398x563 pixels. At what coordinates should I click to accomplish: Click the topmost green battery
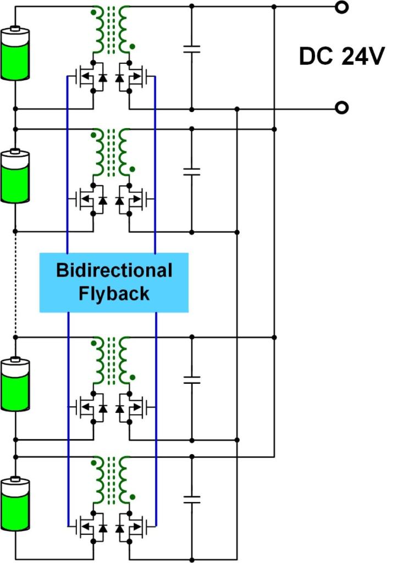pos(15,53)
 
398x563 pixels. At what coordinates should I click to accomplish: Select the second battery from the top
pos(15,176)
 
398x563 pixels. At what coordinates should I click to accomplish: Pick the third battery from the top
pos(15,384)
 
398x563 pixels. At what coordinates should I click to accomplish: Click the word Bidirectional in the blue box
pos(114,270)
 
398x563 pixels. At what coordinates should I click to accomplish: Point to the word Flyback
pos(114,294)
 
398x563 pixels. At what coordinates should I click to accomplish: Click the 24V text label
pos(363,57)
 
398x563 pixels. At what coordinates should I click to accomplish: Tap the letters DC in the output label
pos(316,57)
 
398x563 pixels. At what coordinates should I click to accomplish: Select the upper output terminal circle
pos(342,7)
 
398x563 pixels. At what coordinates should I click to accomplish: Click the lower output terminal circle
pos(342,108)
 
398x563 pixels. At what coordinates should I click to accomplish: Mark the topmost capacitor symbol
pos(192,49)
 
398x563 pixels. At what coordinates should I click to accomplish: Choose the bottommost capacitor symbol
pos(192,499)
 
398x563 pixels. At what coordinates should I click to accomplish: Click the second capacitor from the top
pos(192,172)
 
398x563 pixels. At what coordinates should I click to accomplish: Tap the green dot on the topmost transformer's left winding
pos(93,13)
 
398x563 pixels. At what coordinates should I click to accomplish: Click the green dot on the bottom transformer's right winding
pos(132,497)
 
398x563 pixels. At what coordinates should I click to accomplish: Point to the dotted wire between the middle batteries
pos(15,284)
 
